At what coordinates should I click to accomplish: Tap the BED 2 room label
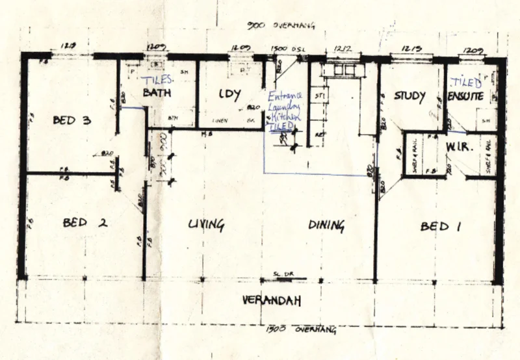pos(84,223)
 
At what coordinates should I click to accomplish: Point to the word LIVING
pos(206,225)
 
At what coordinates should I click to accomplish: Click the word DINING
pos(326,225)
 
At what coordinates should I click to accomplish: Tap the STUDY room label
pos(409,97)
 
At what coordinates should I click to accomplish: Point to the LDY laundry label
pos(230,93)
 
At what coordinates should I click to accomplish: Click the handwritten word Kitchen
pos(287,116)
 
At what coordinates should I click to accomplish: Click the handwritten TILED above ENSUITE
pos(467,83)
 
